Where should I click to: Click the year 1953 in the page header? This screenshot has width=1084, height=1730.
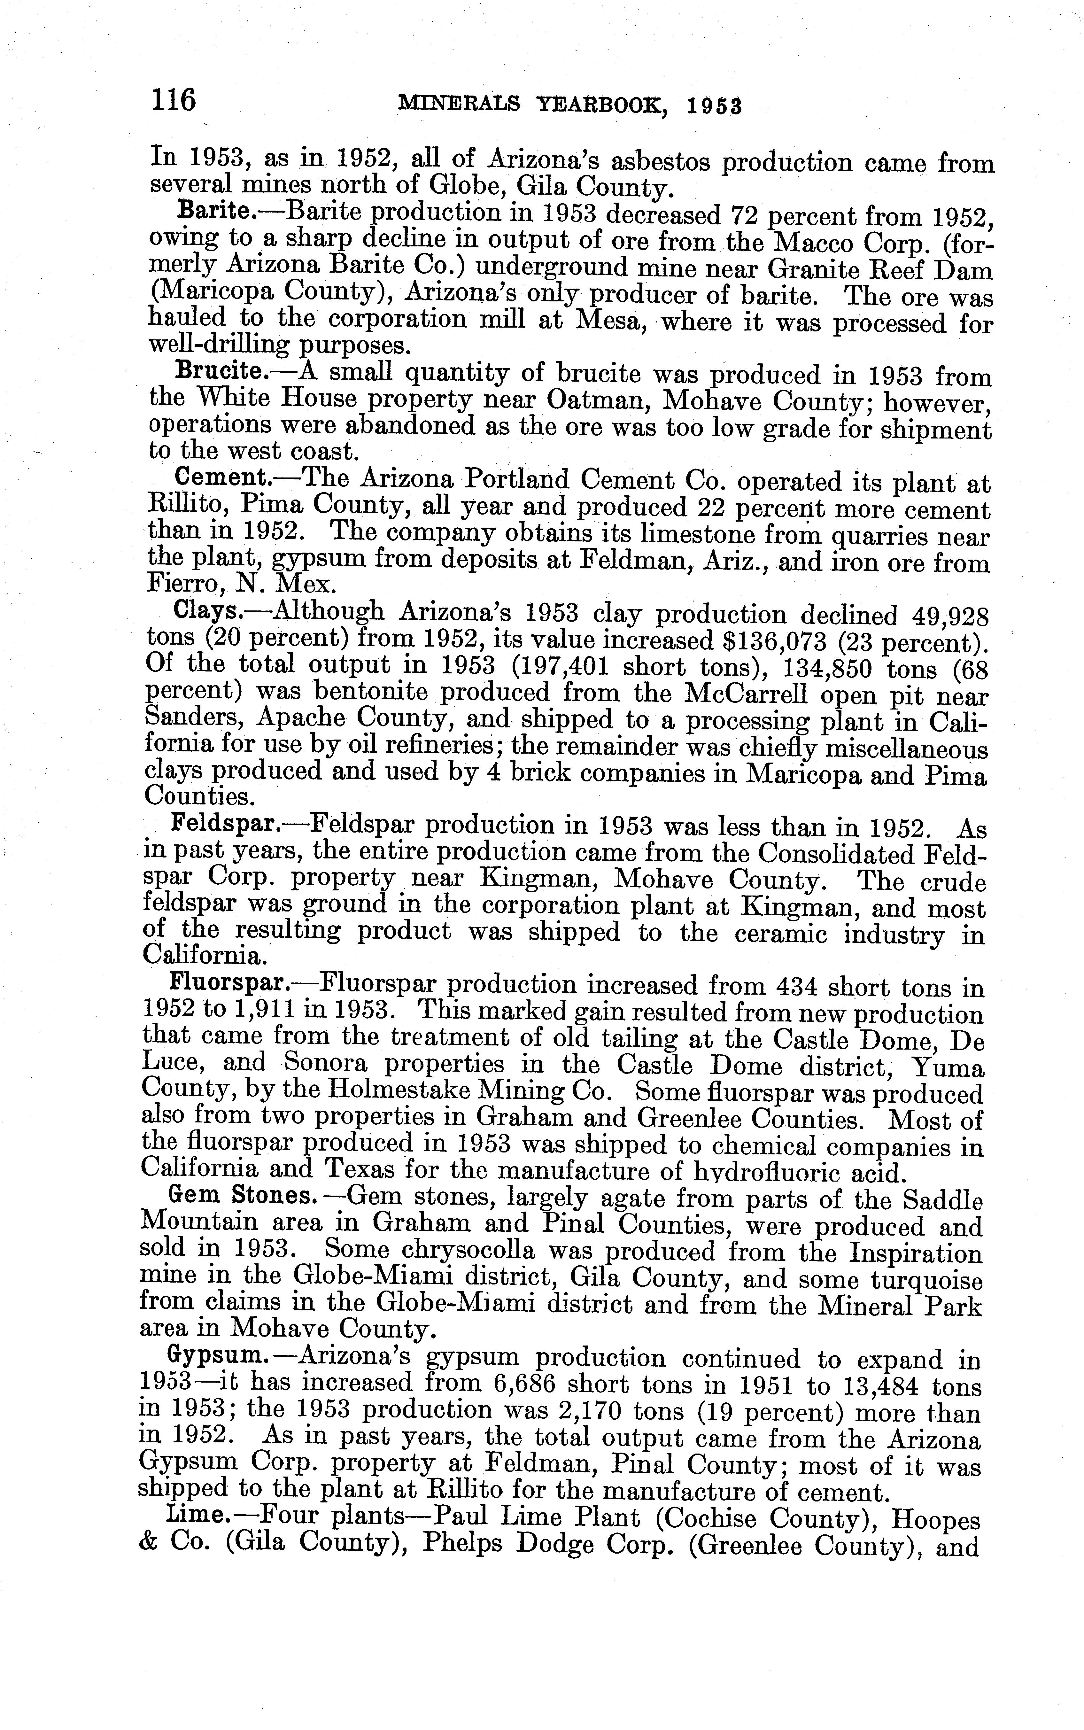point(713,107)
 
